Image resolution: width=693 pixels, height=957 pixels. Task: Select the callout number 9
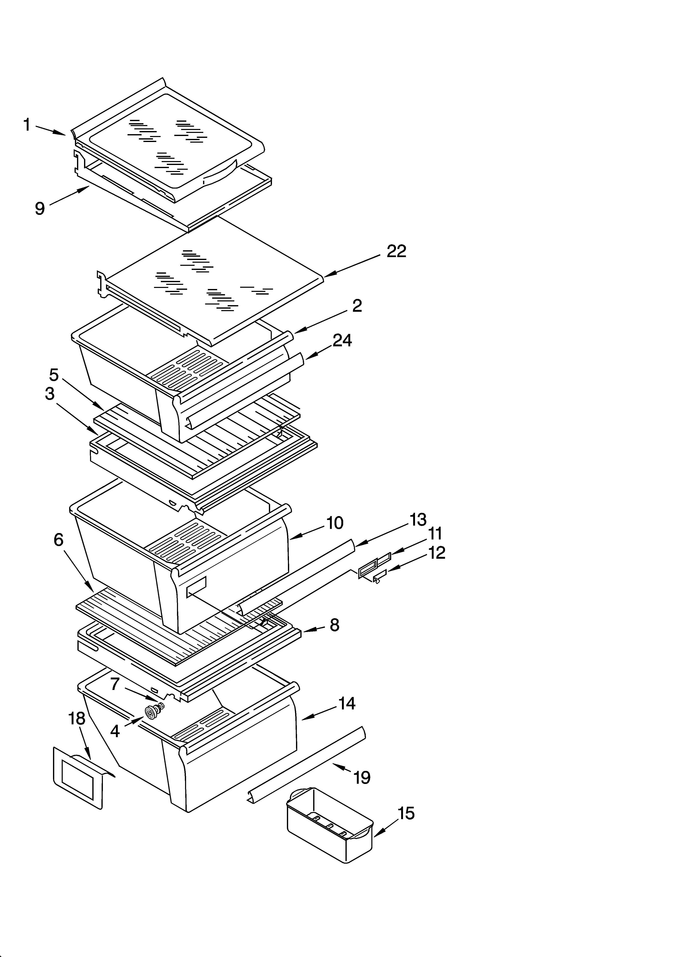pos(40,208)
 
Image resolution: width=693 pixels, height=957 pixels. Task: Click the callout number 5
pos(54,374)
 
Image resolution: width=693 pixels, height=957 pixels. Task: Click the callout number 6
pos(59,540)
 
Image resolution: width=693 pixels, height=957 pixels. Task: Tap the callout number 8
pos(334,625)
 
